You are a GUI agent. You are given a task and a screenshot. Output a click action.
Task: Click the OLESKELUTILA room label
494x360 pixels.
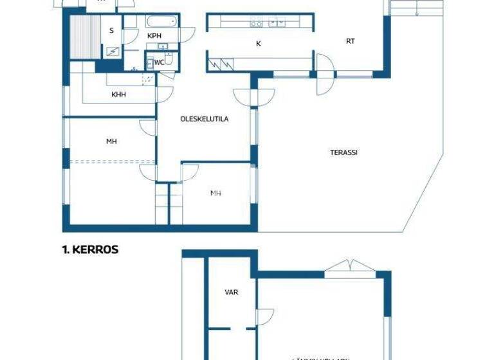pos(204,119)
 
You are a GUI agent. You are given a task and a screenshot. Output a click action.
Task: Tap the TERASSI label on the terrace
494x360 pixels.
pos(343,152)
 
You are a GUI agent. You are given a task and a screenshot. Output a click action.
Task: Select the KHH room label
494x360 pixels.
pos(118,94)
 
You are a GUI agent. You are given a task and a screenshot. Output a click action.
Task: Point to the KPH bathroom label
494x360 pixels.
pos(154,35)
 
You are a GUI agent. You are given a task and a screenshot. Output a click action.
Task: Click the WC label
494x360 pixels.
pos(158,62)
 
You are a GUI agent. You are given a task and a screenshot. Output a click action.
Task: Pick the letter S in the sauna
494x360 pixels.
pos(111,31)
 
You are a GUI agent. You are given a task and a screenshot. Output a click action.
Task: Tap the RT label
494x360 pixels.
pos(350,41)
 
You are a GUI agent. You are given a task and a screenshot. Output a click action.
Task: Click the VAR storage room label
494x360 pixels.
pos(231,292)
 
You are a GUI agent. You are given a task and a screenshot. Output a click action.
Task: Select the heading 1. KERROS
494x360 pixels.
pos(90,249)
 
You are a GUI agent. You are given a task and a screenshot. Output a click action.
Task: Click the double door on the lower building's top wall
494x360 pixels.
pos(348,267)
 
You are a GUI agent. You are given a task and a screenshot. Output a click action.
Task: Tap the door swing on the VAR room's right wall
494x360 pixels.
pos(264,317)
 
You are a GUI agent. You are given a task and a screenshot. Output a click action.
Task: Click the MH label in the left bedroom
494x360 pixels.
pos(112,141)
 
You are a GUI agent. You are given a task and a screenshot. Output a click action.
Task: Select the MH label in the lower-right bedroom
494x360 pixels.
pos(216,193)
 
